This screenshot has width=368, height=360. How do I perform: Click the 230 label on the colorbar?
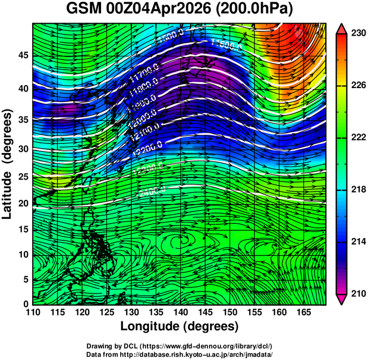358,34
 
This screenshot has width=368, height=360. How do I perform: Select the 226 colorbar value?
358,86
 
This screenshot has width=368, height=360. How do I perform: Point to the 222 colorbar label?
358,137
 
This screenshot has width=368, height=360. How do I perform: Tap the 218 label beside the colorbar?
358,190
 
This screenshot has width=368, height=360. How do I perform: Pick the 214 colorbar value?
358,242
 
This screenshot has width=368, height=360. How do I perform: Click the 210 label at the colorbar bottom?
358,293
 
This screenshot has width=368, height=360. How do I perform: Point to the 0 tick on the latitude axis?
25,303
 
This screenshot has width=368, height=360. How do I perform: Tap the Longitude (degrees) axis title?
180,326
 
